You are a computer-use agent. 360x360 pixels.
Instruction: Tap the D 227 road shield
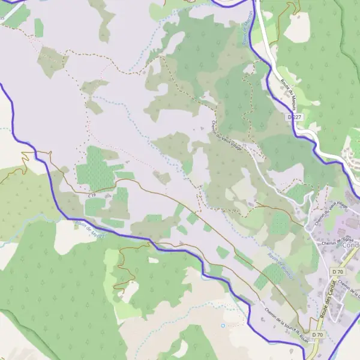[x=294, y=117]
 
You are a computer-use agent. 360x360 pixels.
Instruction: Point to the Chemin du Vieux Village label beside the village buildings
[x=331, y=213]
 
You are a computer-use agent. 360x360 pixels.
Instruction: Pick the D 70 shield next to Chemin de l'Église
[x=337, y=272]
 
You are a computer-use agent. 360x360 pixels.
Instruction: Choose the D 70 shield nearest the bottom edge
[x=317, y=335]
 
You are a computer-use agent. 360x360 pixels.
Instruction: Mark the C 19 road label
[x=91, y=196]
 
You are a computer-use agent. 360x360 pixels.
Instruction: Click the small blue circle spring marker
[x=223, y=326]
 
